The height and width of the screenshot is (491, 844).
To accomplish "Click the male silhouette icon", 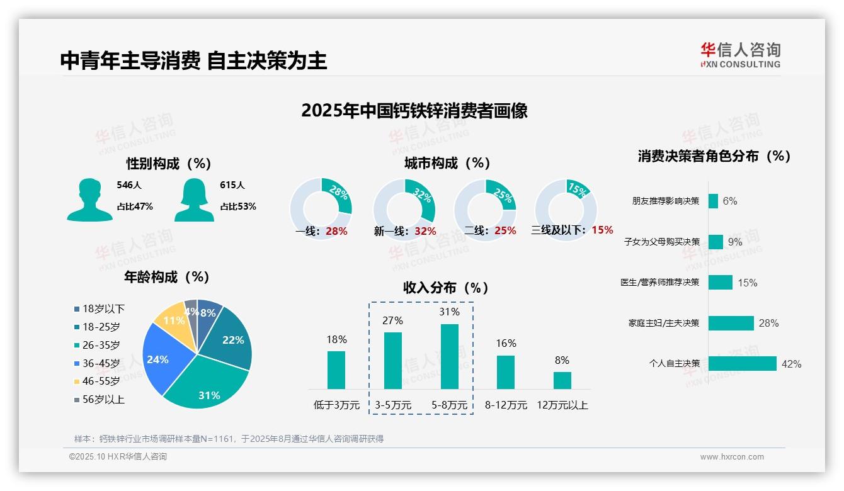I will click(89, 200).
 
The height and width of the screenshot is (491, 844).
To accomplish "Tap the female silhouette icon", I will click(194, 200).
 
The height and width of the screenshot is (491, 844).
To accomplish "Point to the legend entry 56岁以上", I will click(100, 399).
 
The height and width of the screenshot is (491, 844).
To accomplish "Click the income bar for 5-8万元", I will click(449, 356).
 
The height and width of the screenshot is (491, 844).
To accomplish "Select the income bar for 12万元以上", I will click(562, 380).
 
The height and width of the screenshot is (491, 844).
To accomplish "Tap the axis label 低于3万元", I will click(336, 405).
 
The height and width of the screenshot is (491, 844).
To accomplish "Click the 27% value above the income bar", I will click(392, 320).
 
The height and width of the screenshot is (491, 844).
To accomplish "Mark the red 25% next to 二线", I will click(505, 230).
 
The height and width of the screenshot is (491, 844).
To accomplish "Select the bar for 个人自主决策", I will click(742, 363).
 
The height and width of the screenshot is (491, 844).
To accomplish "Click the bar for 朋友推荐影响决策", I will click(713, 201).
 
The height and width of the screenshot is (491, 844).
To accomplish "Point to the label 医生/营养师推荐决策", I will click(659, 283).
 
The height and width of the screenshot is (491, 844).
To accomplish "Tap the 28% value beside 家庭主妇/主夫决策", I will click(768, 323).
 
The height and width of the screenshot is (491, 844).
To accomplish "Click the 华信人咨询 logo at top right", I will click(740, 55).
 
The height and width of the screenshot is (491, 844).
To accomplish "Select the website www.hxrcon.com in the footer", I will click(732, 457).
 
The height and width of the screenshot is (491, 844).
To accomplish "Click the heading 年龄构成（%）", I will click(166, 277).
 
